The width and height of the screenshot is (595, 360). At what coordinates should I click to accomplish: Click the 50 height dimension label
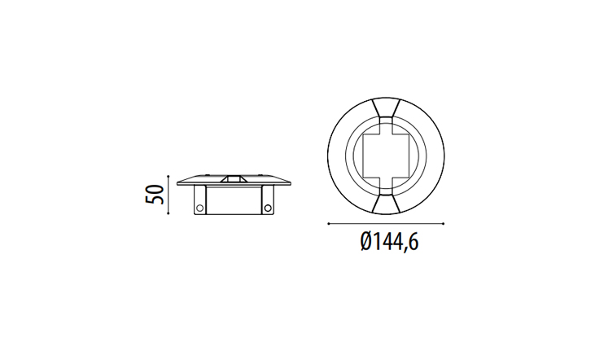click(x=155, y=195)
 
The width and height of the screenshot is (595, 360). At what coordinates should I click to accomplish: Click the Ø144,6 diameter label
click(x=389, y=242)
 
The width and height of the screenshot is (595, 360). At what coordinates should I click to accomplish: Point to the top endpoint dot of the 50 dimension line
click(x=168, y=176)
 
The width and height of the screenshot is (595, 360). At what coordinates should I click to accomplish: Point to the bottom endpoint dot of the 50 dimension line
click(x=168, y=213)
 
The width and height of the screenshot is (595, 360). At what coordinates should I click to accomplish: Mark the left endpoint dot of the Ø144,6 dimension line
click(x=328, y=224)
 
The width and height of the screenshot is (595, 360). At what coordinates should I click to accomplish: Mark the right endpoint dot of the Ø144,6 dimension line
click(x=444, y=224)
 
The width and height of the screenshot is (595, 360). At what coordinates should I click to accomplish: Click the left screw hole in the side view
click(x=199, y=208)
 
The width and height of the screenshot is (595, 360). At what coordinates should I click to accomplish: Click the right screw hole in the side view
click(x=268, y=208)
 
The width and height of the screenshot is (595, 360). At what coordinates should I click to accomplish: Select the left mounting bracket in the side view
click(x=200, y=200)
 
